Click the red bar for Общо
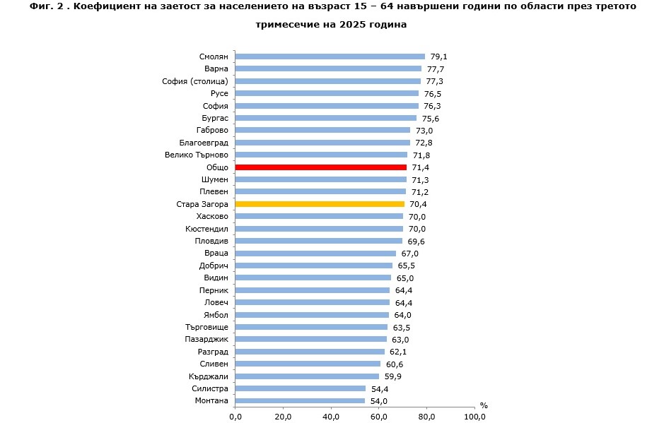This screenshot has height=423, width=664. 320,167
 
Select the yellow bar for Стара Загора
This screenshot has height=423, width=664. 320,204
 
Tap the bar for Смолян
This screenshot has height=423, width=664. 330,56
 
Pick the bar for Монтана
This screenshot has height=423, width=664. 300,400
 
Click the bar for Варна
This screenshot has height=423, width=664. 328,69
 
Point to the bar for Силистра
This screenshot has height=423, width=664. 300,388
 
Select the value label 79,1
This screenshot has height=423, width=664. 438,56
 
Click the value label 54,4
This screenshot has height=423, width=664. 380,388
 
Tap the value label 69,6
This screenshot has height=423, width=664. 416,242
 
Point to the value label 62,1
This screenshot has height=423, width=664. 398,352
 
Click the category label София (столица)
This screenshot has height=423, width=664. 195,81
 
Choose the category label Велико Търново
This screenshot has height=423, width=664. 197,155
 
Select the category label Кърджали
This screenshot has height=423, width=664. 209,376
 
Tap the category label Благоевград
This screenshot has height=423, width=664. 204,143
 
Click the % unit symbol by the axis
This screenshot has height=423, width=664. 484,405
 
